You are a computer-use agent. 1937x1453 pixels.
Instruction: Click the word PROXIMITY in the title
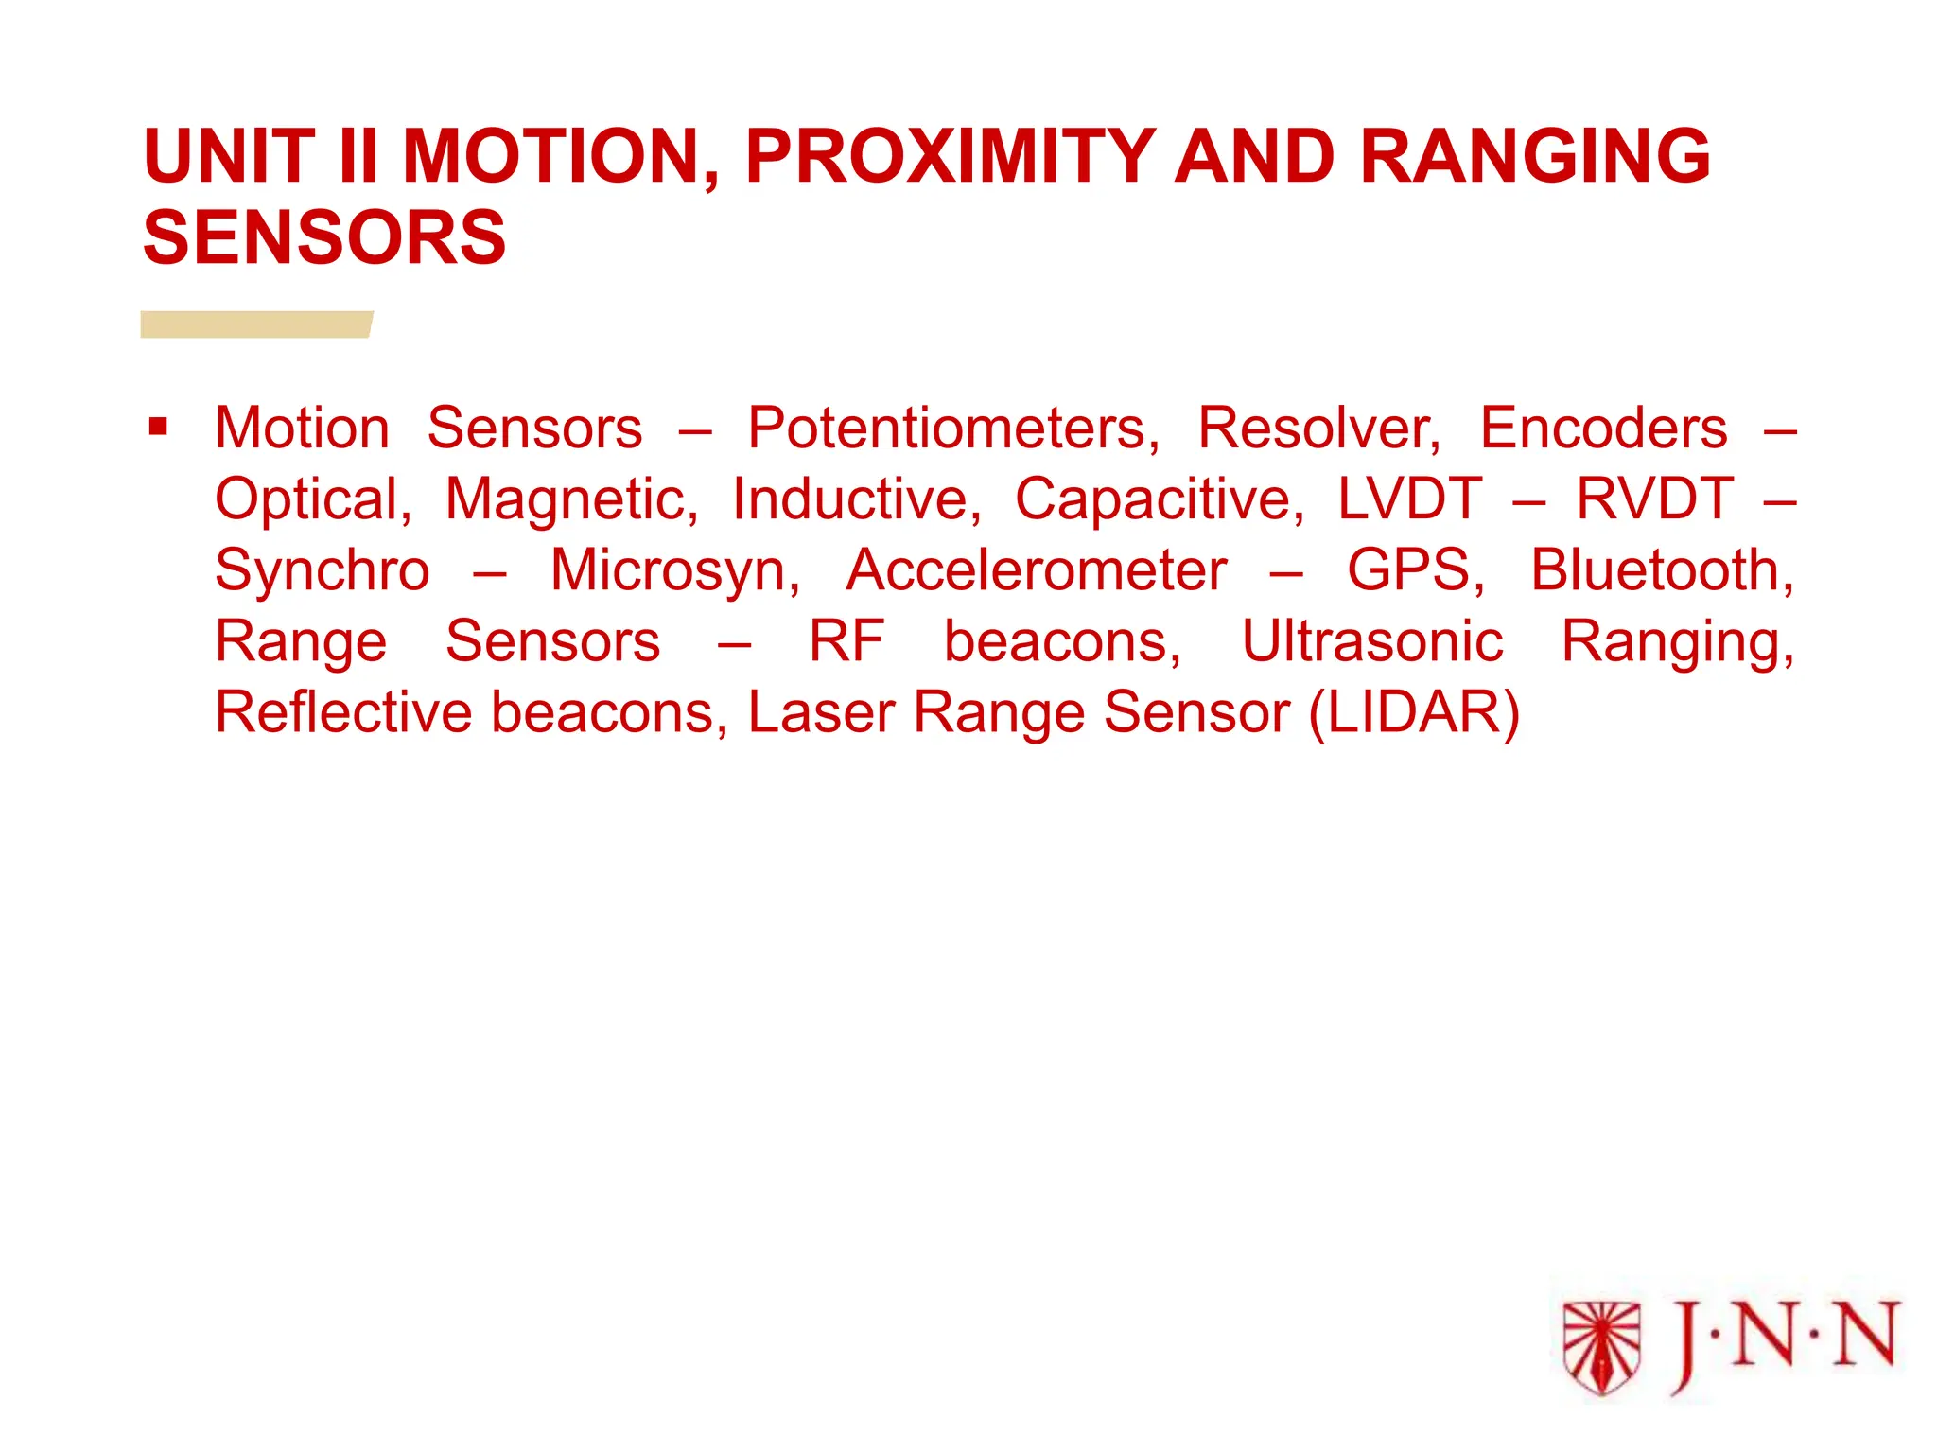pyautogui.click(x=950, y=157)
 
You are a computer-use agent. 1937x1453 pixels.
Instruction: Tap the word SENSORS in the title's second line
pyautogui.click(x=324, y=238)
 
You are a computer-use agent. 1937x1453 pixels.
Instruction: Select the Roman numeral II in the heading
pyautogui.click(x=358, y=157)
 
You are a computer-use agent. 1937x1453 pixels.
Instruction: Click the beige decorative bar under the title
pyautogui.click(x=255, y=324)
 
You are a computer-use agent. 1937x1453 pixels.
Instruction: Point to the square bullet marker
pyautogui.click(x=158, y=427)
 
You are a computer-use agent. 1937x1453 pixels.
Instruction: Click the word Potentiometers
pyautogui.click(x=952, y=429)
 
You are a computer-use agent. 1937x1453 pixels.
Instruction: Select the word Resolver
pyautogui.click(x=1318, y=429)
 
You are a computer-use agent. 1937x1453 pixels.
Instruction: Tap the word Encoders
pyautogui.click(x=1603, y=429)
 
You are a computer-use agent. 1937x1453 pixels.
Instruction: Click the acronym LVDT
pyautogui.click(x=1409, y=499)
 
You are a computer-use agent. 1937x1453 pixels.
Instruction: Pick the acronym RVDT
pyautogui.click(x=1655, y=499)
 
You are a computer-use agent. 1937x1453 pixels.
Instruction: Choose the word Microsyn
pyautogui.click(x=674, y=571)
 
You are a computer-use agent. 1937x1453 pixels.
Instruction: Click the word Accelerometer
pyautogui.click(x=1037, y=571)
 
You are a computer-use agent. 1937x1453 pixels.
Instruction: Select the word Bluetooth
pyautogui.click(x=1662, y=571)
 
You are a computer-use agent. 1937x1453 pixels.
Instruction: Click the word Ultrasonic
pyautogui.click(x=1371, y=642)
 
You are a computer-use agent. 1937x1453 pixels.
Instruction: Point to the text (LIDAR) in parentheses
pyautogui.click(x=1414, y=713)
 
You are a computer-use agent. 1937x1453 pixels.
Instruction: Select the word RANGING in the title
pyautogui.click(x=1535, y=157)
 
